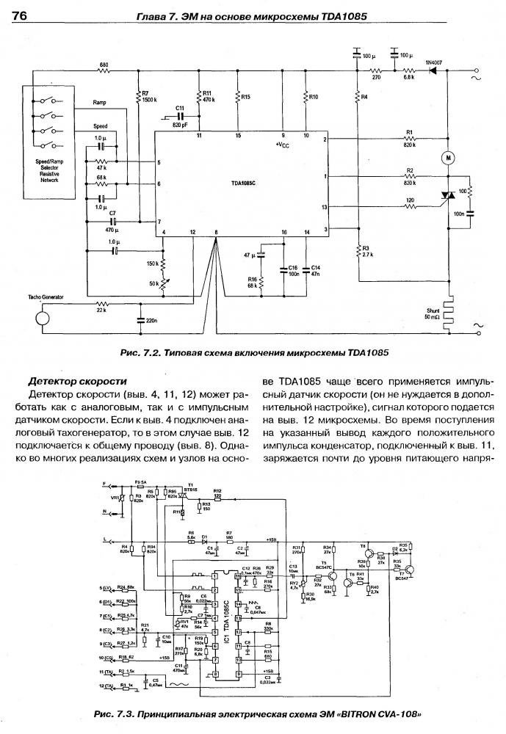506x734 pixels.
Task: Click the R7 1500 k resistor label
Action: pyautogui.click(x=148, y=95)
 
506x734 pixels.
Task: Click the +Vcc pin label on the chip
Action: pyautogui.click(x=283, y=144)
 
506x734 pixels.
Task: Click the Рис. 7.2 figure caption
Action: pyautogui.click(x=253, y=352)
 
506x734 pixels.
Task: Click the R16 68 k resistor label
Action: pyautogui.click(x=252, y=282)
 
